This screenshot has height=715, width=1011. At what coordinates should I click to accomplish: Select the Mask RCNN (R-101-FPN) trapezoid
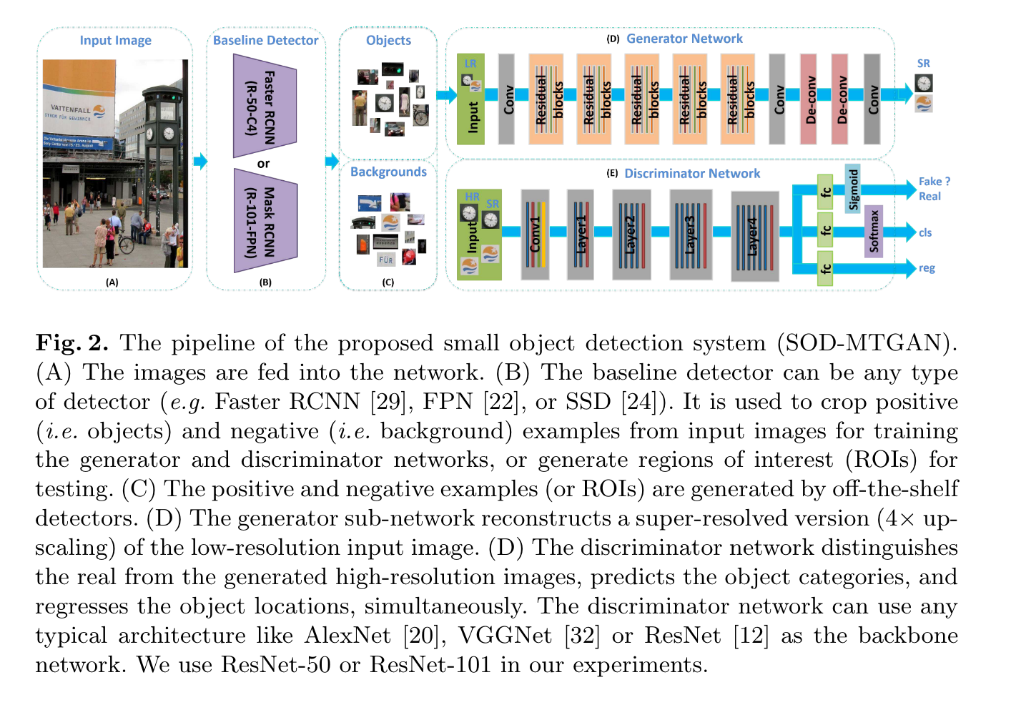pyautogui.click(x=264, y=221)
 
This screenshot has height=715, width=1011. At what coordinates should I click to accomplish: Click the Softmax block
pyautogui.click(x=874, y=231)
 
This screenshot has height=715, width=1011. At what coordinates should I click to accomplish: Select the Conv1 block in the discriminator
pyautogui.click(x=535, y=234)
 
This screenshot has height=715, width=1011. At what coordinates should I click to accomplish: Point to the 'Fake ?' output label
pyautogui.click(x=934, y=182)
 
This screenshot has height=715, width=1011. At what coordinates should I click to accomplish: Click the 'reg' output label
pyautogui.click(x=927, y=268)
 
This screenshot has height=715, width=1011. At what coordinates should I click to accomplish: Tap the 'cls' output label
pyautogui.click(x=925, y=232)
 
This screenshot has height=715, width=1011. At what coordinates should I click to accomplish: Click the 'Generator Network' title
pyautogui.click(x=684, y=39)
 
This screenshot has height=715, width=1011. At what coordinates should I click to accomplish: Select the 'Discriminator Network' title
pyautogui.click(x=691, y=174)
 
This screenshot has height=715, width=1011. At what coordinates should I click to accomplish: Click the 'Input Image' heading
pyautogui.click(x=115, y=41)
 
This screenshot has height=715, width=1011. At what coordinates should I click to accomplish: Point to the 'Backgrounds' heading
pyautogui.click(x=388, y=172)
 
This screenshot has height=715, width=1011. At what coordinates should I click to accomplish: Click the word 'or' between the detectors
pyautogui.click(x=264, y=164)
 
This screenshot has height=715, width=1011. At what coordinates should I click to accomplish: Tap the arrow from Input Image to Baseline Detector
pyautogui.click(x=200, y=162)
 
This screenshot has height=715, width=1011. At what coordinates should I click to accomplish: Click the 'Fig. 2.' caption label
pyautogui.click(x=72, y=343)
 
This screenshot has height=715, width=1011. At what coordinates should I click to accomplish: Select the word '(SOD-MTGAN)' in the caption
pyautogui.click(x=867, y=343)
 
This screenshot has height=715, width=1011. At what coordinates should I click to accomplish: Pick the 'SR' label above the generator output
pyautogui.click(x=923, y=64)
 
